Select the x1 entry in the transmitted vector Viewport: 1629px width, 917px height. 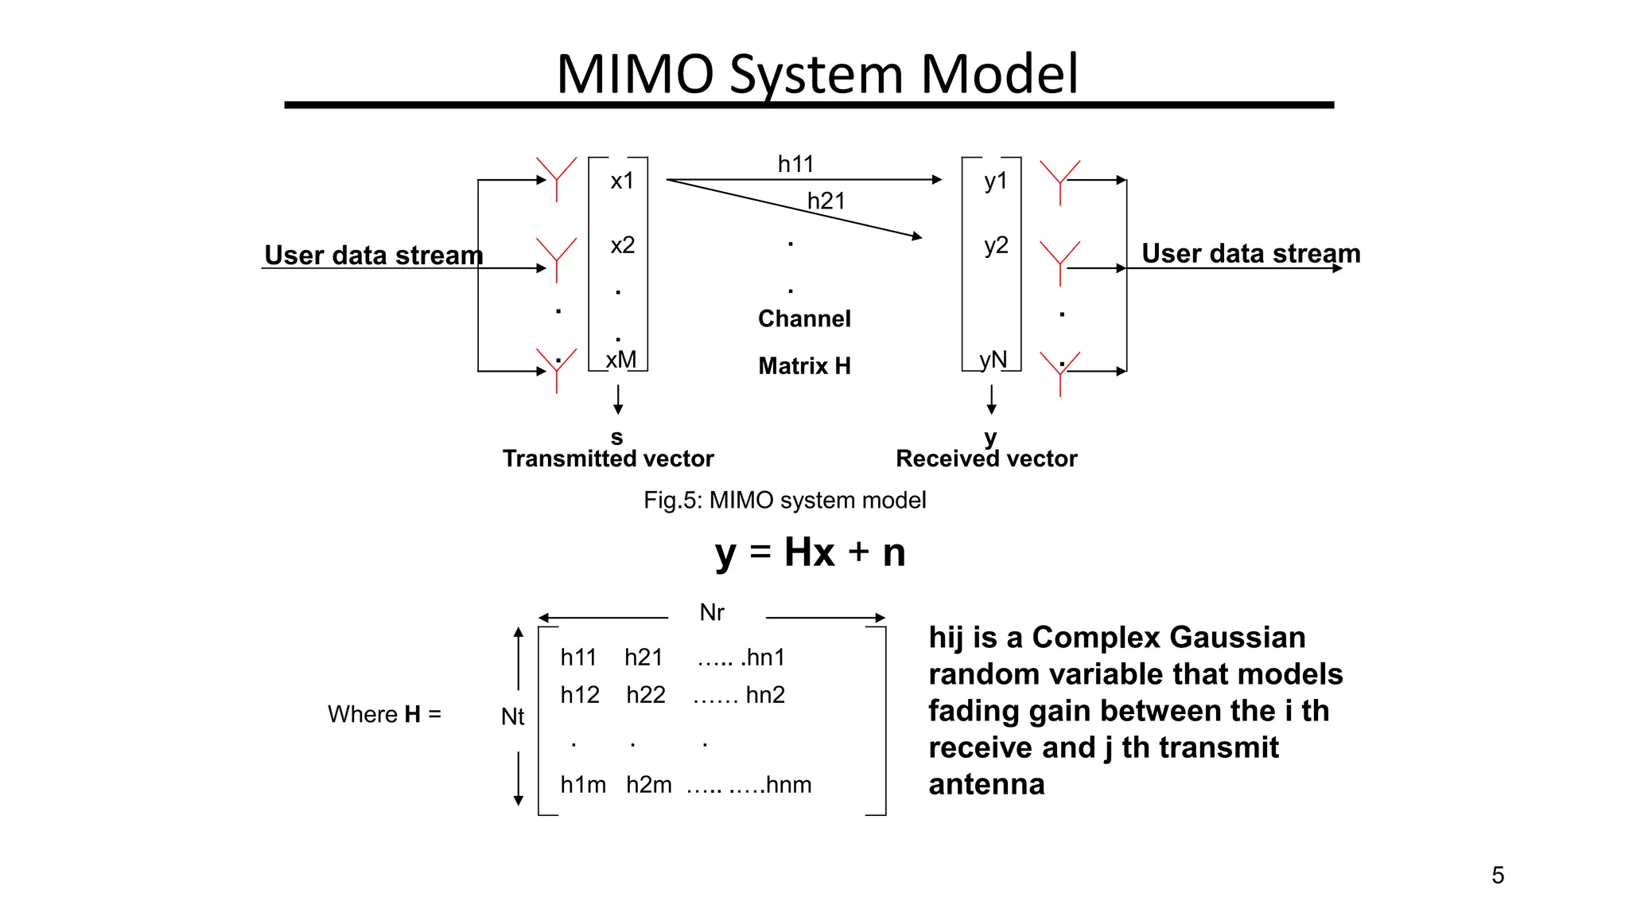622,181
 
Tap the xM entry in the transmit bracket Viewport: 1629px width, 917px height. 621,360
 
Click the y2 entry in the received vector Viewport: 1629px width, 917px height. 996,245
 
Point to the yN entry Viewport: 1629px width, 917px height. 993,360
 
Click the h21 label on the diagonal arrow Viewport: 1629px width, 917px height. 826,201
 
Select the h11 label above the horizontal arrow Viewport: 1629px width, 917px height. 795,164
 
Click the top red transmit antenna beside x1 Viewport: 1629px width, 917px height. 556,177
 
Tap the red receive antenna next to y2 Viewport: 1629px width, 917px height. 1059,260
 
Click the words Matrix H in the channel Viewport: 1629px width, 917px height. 804,366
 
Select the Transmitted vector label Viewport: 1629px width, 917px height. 608,458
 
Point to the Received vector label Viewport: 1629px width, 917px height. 986,458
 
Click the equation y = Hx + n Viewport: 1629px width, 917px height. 810,552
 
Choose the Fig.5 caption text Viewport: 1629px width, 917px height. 784,501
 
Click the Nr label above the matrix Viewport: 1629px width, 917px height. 712,613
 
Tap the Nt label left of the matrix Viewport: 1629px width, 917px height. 512,717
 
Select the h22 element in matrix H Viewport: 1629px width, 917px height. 645,695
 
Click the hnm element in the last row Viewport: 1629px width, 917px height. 788,785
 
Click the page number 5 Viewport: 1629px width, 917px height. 1498,876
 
